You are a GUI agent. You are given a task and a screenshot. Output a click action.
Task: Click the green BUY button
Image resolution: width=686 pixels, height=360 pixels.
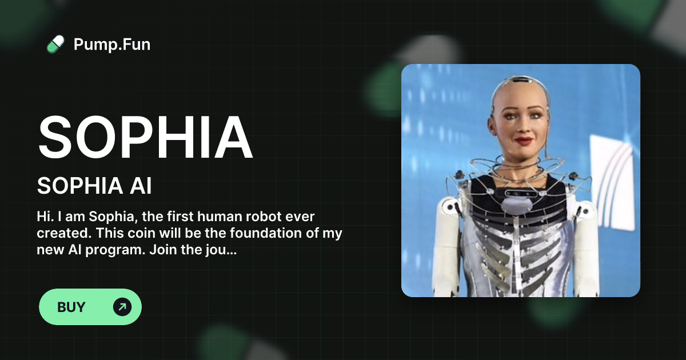[x=90, y=307]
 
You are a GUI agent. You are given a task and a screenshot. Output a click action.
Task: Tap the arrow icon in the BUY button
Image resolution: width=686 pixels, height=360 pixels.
[x=122, y=307]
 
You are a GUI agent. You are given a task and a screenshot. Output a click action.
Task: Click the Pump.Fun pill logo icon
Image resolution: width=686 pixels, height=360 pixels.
[x=55, y=44]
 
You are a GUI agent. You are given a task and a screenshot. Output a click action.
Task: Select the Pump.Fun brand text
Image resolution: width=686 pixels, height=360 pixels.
[x=112, y=44]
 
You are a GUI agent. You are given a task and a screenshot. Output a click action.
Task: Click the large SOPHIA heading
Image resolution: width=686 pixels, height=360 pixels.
[x=145, y=138]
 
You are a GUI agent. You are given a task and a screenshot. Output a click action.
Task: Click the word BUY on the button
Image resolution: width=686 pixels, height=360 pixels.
[x=71, y=307]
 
